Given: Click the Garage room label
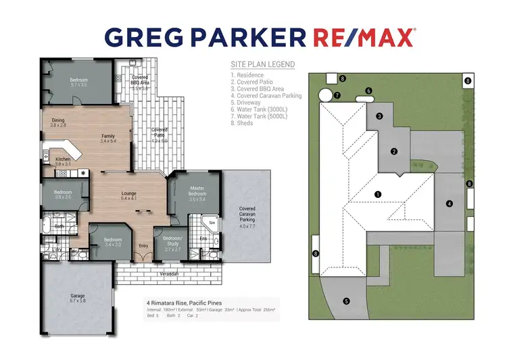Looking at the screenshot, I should point(78,297).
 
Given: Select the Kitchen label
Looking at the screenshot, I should point(62,161).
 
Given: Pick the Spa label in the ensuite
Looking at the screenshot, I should point(212,222).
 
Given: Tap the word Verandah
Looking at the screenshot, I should point(169,274).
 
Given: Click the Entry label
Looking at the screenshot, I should point(143,246).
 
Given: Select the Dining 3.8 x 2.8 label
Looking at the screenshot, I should point(58,123).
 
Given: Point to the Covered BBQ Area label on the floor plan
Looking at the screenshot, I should point(140,82).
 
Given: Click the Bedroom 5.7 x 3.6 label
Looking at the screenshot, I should point(78,82).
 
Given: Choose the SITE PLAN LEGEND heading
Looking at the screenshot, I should point(262,65).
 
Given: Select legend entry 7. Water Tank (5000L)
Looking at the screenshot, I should point(259,116).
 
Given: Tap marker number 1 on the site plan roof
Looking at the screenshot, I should point(378,194).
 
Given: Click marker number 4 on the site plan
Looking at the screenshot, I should point(449,203).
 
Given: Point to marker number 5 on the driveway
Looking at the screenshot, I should point(346,301).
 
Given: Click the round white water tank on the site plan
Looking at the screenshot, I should point(325,95).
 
